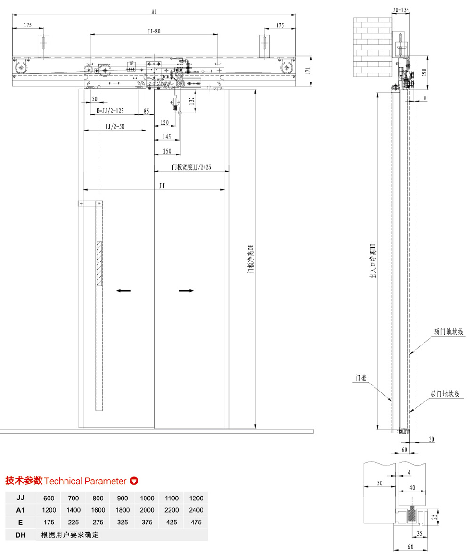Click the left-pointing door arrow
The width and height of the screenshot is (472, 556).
coord(124,291)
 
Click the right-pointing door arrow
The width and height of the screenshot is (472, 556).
coord(187,291)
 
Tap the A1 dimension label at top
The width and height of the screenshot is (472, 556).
coord(155,9)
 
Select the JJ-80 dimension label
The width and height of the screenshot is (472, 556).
coord(154,31)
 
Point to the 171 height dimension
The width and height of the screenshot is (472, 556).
coord(308,71)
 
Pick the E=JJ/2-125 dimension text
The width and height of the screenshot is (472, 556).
coord(110,111)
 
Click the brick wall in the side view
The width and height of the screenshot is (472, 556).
coord(373,47)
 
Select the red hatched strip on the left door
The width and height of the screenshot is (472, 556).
coord(99,264)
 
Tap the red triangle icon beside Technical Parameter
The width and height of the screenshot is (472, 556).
coord(134,481)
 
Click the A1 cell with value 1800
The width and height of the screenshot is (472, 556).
coord(122,510)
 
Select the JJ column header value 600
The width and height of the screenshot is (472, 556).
coord(49,498)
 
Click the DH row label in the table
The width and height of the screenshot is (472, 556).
coord(20,534)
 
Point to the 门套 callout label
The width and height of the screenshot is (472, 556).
coord(361,378)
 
